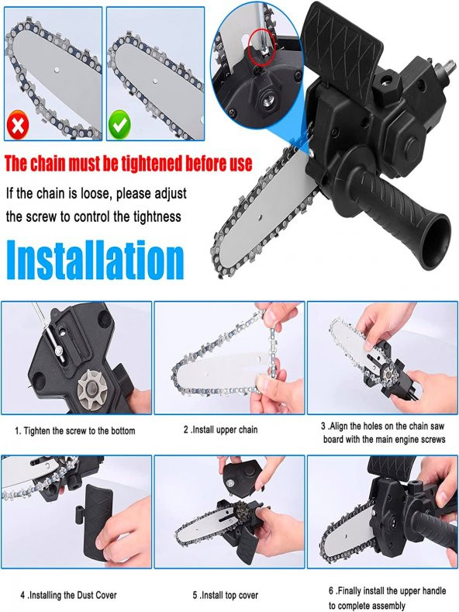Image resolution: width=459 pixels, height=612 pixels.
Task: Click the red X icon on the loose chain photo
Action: tap(18, 125)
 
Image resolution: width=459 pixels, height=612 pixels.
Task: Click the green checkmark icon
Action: tap(119, 125)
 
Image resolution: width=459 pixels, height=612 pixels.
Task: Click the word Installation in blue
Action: tap(95, 260)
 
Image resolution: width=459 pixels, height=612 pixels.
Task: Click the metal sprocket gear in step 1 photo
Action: tap(92, 389)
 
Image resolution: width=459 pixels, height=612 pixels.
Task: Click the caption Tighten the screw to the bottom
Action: tap(75, 431)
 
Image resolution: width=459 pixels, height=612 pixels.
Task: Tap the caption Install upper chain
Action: tap(220, 430)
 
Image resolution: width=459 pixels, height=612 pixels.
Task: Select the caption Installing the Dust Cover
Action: tap(69, 595)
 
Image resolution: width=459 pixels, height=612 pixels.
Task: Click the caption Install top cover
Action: tap(225, 595)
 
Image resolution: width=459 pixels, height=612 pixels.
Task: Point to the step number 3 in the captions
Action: tap(323, 426)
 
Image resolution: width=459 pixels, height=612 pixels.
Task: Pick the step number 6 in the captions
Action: tap(331, 591)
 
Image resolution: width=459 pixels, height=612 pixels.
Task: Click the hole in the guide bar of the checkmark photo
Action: tap(155, 81)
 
